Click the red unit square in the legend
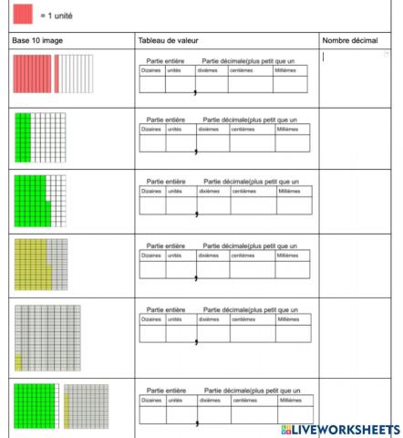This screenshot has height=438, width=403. (x=22, y=15)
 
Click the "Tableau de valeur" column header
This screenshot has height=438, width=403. (x=168, y=41)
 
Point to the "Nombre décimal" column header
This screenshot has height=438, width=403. (x=350, y=41)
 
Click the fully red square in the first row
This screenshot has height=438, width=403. (x=33, y=73)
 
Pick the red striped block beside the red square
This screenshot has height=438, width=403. (x=70, y=73)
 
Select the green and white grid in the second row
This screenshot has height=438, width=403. (x=40, y=137)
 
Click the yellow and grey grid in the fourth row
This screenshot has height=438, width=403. (x=40, y=264)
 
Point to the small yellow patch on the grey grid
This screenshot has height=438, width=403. (x=18, y=361)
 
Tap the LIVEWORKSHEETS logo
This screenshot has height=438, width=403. (x=341, y=429)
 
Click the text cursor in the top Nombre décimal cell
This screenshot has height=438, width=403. (x=324, y=57)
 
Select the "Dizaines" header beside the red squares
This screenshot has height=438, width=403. (x=150, y=70)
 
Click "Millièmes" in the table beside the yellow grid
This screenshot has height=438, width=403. (x=288, y=255)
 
